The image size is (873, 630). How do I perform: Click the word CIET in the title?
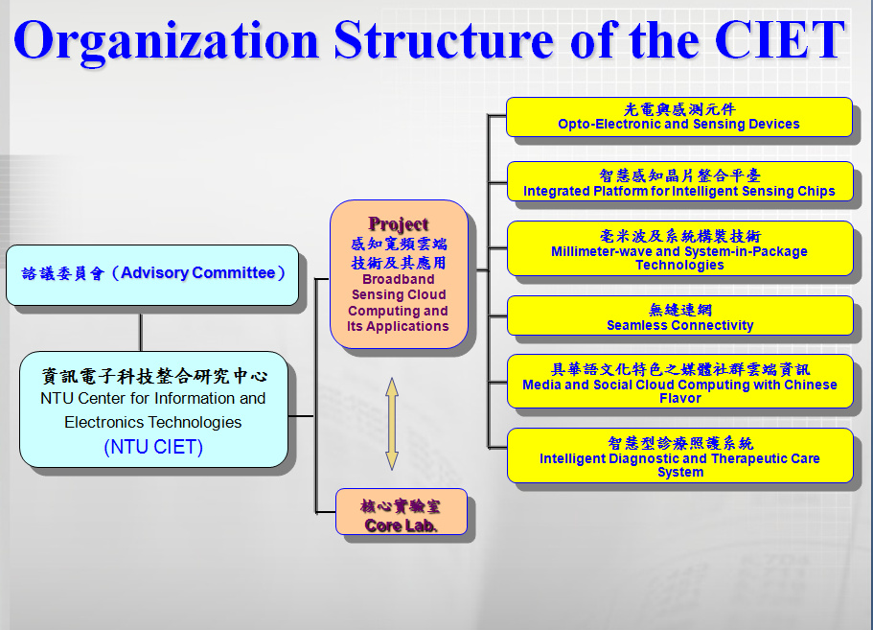[779, 39]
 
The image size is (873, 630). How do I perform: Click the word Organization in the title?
[166, 41]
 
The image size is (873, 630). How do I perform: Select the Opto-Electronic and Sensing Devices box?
[679, 117]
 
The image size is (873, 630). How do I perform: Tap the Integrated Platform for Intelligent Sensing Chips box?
[679, 181]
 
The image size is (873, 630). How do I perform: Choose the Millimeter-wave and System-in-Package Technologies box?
[679, 248]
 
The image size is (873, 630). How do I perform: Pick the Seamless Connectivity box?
[679, 315]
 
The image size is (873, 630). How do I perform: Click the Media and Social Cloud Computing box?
[679, 381]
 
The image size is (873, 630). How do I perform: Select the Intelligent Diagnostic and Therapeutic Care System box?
[679, 455]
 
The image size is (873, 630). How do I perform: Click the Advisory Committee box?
[152, 275]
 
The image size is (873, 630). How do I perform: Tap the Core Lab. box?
[402, 512]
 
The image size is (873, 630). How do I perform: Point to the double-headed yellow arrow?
[392, 424]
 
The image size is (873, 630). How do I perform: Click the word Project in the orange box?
[398, 224]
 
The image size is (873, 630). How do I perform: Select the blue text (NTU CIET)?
[153, 447]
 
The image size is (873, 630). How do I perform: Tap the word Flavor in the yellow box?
[679, 398]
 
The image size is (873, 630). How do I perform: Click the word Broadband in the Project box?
[398, 279]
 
